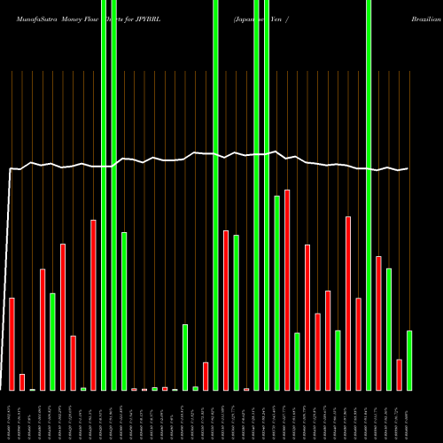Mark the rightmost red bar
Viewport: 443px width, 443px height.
coord(400,374)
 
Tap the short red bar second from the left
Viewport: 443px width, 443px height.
coord(22,382)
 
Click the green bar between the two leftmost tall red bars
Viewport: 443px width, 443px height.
coord(52,341)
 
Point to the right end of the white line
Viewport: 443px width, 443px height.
coord(408,168)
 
